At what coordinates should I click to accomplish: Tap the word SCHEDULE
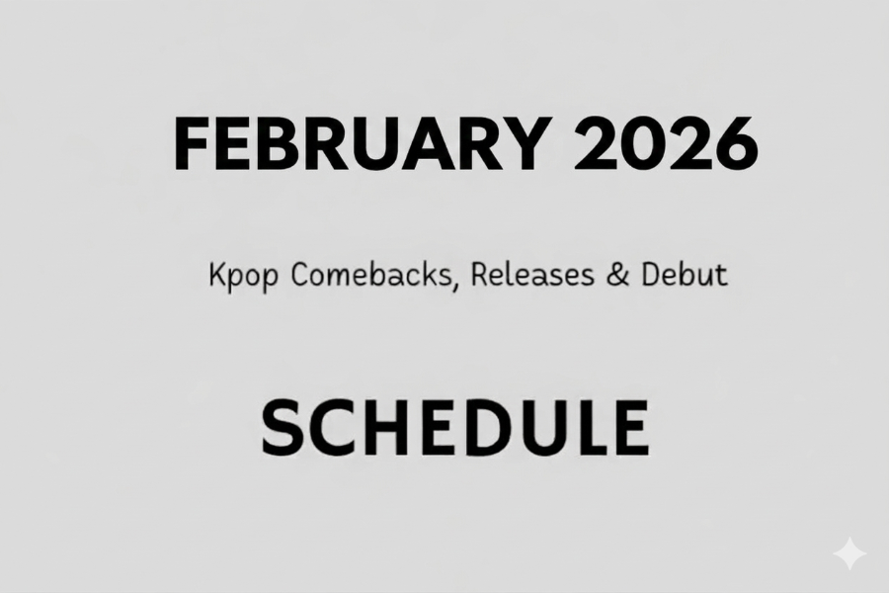tap(453, 428)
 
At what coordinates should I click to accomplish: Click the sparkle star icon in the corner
tap(849, 554)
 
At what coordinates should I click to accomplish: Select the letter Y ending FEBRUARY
tap(524, 145)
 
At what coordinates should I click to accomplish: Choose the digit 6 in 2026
tap(735, 145)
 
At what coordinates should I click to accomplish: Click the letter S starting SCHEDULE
tap(282, 428)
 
